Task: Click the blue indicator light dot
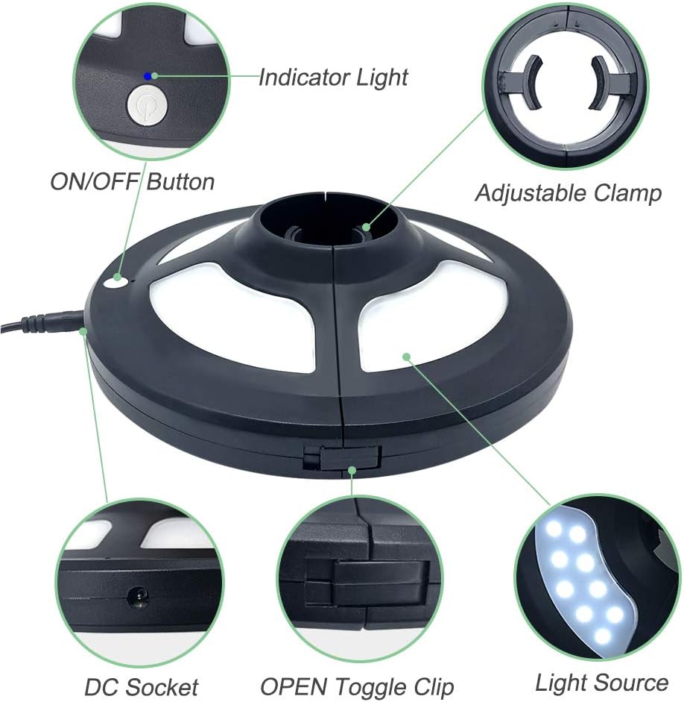click(148, 76)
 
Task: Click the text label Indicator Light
click(333, 78)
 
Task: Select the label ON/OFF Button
click(133, 182)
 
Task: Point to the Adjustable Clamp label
click(569, 193)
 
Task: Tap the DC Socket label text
click(142, 687)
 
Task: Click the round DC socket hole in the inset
click(137, 597)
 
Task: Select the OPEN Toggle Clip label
click(357, 687)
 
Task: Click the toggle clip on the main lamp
click(342, 457)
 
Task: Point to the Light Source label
click(602, 683)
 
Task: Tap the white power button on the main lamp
click(115, 282)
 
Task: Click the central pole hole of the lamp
click(326, 224)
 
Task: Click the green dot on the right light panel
click(406, 357)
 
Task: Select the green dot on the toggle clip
click(352, 471)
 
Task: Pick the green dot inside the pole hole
click(366, 227)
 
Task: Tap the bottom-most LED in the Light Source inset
click(604, 635)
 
